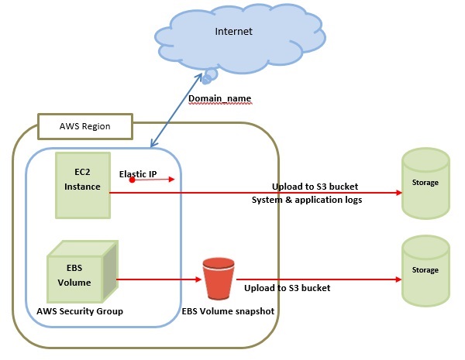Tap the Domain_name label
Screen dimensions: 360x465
pos(219,99)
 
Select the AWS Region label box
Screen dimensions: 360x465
pos(85,125)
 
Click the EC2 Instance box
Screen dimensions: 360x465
pos(82,184)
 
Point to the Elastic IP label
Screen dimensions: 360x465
pos(138,174)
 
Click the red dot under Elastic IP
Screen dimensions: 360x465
pos(133,180)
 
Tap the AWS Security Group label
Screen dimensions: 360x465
pos(79,310)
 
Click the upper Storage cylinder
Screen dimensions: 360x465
pos(425,183)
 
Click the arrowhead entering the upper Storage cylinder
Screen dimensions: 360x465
pos(396,194)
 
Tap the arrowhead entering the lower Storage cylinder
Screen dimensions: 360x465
pos(396,279)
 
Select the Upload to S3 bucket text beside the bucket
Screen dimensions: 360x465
pos(287,288)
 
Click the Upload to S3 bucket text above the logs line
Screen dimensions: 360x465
pos(314,187)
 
